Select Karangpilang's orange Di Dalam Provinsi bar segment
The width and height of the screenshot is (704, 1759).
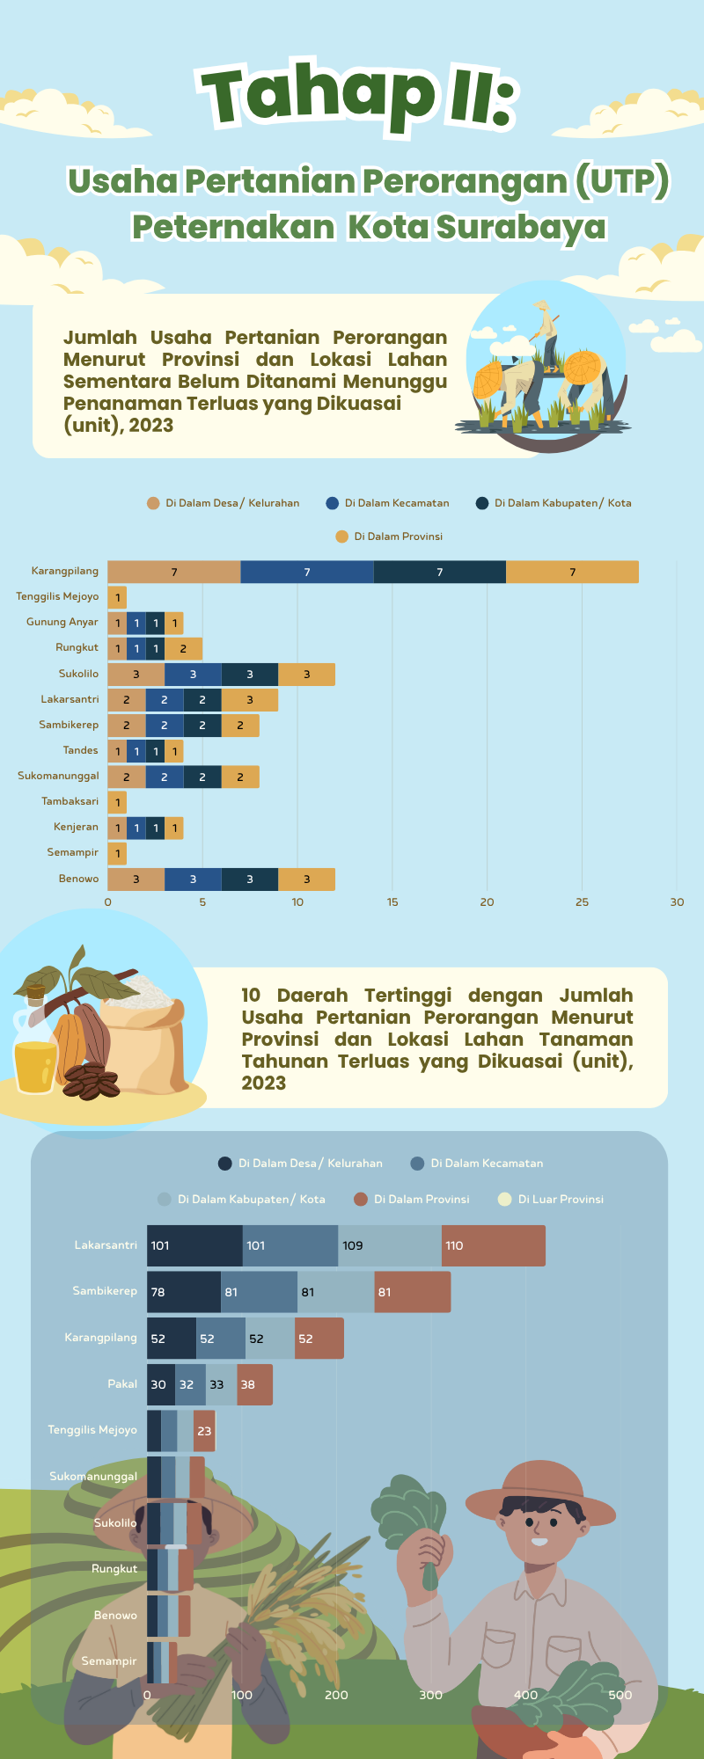point(572,572)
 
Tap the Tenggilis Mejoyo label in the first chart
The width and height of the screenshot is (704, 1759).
point(57,596)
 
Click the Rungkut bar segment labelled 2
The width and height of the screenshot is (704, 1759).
point(183,649)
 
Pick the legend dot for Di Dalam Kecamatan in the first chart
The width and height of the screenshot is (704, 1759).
point(332,503)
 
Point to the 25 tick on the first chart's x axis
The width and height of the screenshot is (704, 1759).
point(582,901)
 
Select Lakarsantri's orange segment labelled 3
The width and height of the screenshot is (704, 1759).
point(250,700)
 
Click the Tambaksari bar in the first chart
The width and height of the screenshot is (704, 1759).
point(117,802)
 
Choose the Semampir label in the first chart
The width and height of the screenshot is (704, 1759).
point(73,852)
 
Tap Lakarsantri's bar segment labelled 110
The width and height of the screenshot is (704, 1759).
point(493,1245)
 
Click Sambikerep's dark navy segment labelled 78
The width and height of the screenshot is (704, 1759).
point(183,1292)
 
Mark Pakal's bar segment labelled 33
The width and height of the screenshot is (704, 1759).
point(221,1384)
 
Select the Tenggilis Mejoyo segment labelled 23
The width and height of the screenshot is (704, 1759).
point(204,1431)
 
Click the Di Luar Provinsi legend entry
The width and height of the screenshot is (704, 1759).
point(560,1199)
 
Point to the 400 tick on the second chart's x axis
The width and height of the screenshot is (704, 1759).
point(525,1695)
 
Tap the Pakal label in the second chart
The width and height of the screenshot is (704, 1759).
point(122,1384)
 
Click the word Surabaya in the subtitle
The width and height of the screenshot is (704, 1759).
point(521,227)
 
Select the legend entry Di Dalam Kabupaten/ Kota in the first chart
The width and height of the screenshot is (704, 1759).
point(562,503)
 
